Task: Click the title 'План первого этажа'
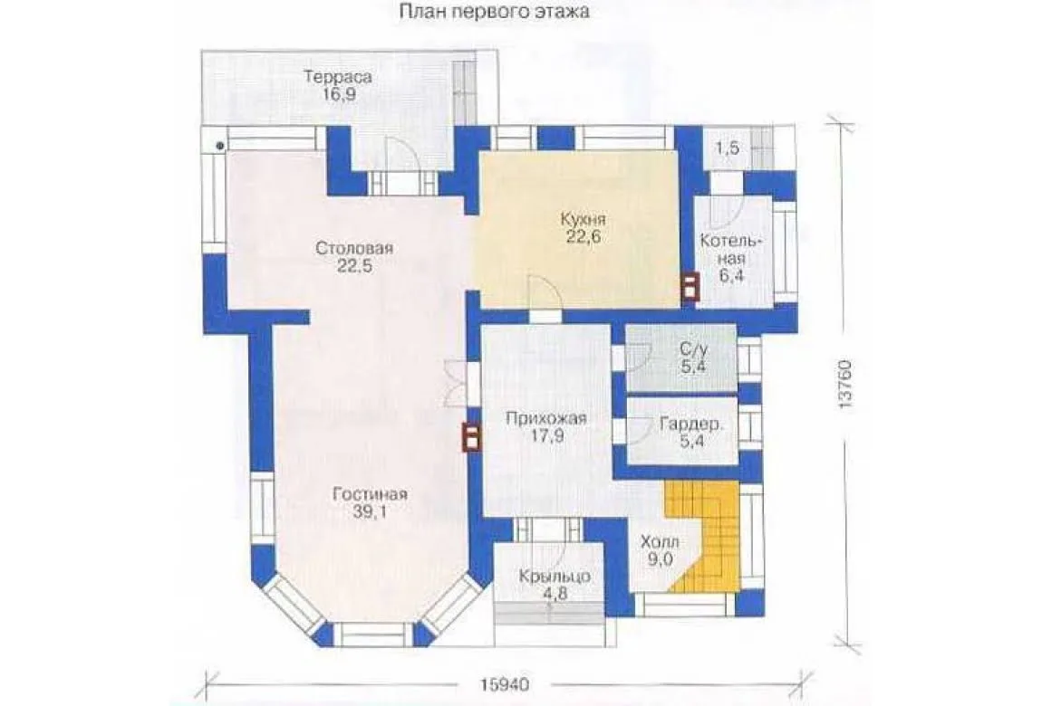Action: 495,11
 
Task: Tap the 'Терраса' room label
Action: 338,77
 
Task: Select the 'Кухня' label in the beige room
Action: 583,219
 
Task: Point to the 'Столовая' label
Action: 354,249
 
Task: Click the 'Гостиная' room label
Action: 371,495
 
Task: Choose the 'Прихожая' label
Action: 546,418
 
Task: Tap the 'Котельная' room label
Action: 731,250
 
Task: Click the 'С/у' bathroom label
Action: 693,349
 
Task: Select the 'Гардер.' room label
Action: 691,424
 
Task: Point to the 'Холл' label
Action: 660,542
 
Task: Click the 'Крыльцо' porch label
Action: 555,577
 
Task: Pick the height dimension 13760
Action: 845,385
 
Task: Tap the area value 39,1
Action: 371,512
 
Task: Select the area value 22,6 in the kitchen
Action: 584,236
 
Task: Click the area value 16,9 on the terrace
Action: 339,94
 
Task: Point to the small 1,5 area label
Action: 728,148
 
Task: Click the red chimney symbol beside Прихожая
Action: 471,438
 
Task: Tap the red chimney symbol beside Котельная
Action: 690,287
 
